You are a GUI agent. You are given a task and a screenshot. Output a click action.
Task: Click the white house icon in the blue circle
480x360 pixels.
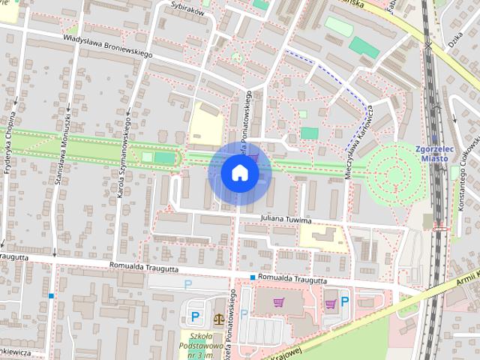click(239, 172)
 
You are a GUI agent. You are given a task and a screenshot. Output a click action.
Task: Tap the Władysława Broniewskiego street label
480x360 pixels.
click(108, 45)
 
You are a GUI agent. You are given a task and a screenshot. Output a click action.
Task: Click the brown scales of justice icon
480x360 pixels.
click(219, 319)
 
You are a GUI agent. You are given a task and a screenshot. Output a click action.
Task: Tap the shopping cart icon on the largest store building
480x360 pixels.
click(279, 302)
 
